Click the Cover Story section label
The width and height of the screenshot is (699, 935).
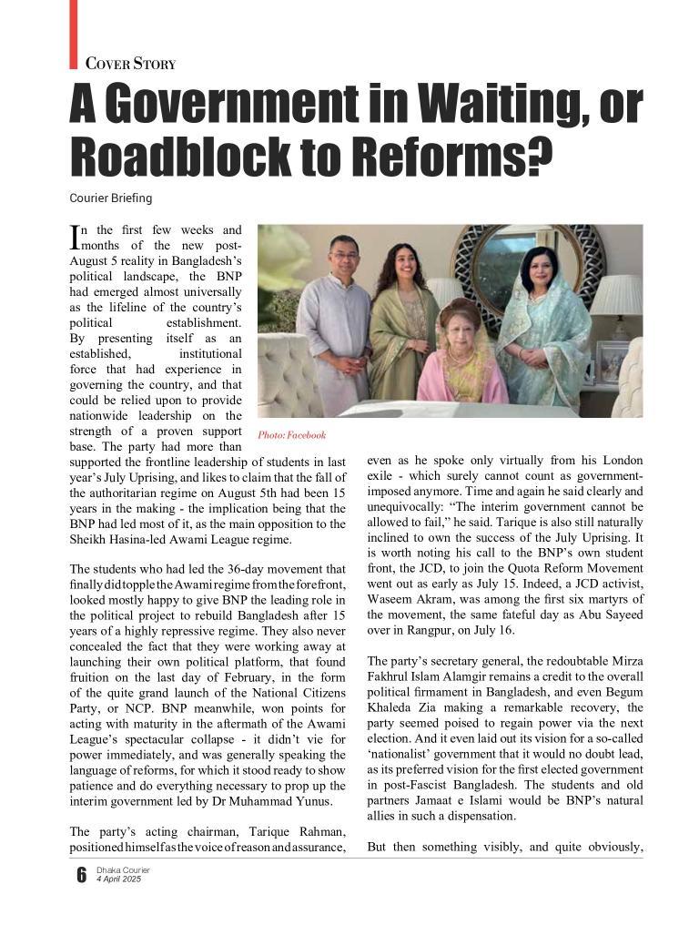click(x=129, y=64)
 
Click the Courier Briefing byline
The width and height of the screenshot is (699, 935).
click(x=111, y=198)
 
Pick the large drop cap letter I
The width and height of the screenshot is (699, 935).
click(x=75, y=238)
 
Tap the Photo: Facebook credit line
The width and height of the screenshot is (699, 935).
click(x=291, y=435)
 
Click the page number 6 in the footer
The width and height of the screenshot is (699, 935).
click(x=81, y=875)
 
